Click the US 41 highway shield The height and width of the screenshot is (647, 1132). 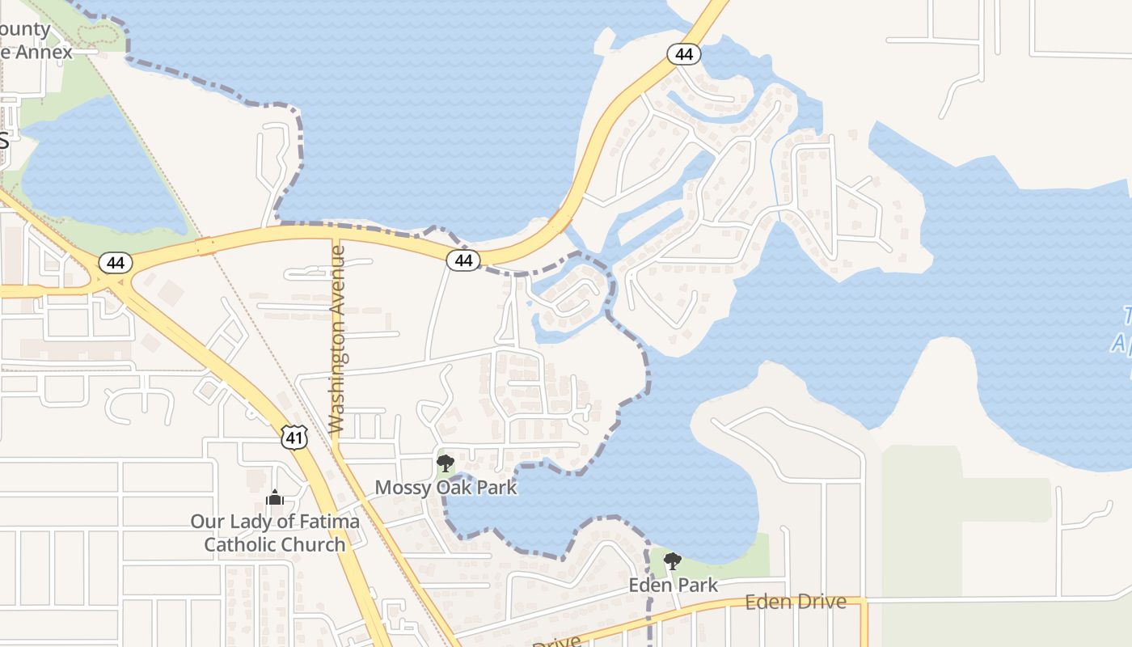tap(294, 438)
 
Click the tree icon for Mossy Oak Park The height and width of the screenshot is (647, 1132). tap(445, 463)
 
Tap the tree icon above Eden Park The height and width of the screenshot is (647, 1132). tap(672, 560)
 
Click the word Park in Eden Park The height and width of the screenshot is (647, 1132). tap(698, 585)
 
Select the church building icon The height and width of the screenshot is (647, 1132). tap(275, 497)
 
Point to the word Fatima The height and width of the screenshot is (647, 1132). tap(330, 522)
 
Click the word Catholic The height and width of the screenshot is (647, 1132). tap(240, 544)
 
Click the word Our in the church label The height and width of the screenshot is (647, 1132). tap(207, 522)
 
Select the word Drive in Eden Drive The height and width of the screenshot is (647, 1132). tap(822, 602)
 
